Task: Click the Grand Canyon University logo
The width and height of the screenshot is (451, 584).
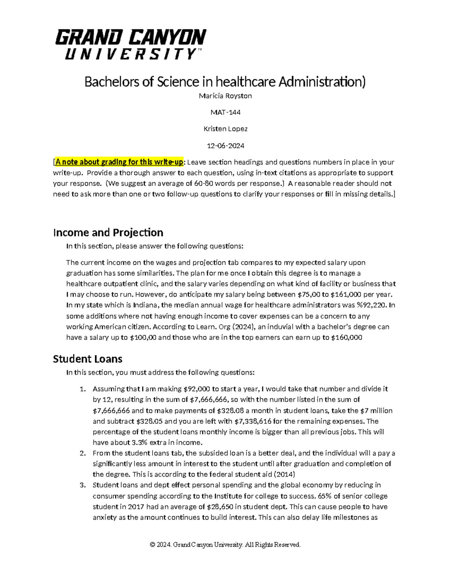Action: pos(130,44)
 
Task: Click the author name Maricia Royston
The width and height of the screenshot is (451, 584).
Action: pos(225,96)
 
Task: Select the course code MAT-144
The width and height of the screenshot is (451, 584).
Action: pos(225,112)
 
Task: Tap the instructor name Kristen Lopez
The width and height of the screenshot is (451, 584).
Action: pos(225,129)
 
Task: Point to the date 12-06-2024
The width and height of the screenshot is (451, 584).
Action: pos(225,146)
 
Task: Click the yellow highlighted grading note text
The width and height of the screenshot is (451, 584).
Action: pos(119,162)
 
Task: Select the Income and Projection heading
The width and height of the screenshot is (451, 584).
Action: pos(108,232)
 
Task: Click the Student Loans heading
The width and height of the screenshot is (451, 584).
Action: pos(88,359)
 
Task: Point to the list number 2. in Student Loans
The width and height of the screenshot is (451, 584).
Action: pos(83,453)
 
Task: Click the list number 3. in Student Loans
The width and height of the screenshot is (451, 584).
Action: pos(83,485)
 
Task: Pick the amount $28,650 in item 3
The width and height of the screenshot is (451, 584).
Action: pos(224,507)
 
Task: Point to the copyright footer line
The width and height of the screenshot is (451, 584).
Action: pos(225,545)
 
